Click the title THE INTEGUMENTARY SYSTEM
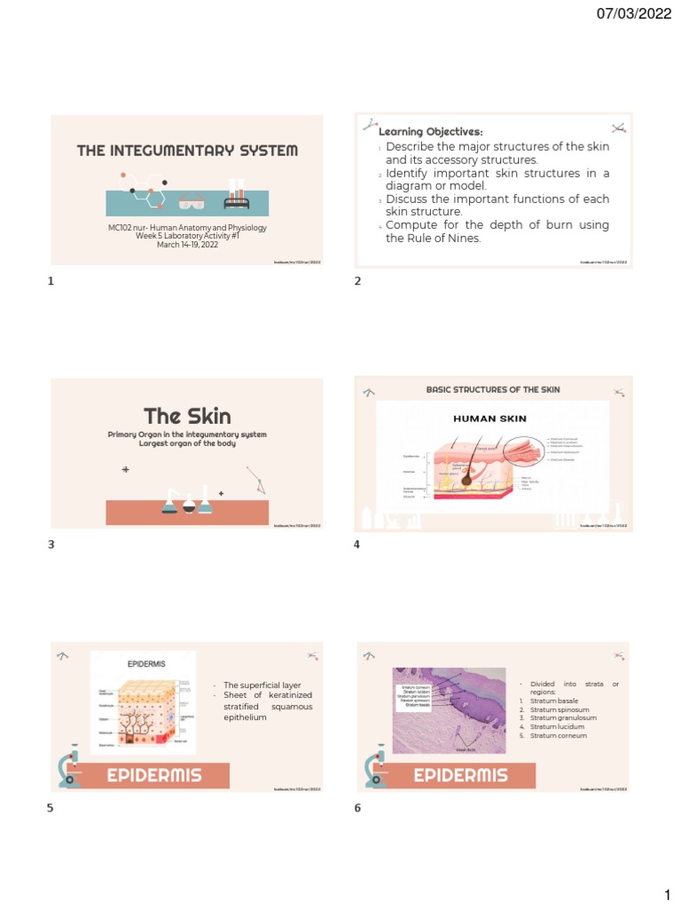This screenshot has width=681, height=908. tap(187, 151)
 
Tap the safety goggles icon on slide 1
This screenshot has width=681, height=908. tap(191, 202)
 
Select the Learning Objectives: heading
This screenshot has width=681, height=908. tap(430, 132)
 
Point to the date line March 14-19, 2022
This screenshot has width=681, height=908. tap(187, 245)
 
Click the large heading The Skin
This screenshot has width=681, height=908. tap(187, 416)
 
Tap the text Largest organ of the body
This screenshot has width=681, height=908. tap(187, 442)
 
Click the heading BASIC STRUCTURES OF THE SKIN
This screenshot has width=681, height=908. tap(493, 389)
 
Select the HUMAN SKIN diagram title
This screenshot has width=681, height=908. tap(490, 418)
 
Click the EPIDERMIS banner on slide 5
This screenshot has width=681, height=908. tap(154, 775)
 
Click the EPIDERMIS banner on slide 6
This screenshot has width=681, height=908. tap(461, 775)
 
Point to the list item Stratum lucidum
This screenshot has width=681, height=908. tap(557, 727)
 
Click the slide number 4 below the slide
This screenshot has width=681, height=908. tap(356, 545)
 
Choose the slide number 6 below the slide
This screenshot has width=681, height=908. tap(356, 809)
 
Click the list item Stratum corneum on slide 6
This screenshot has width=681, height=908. tap(558, 736)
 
